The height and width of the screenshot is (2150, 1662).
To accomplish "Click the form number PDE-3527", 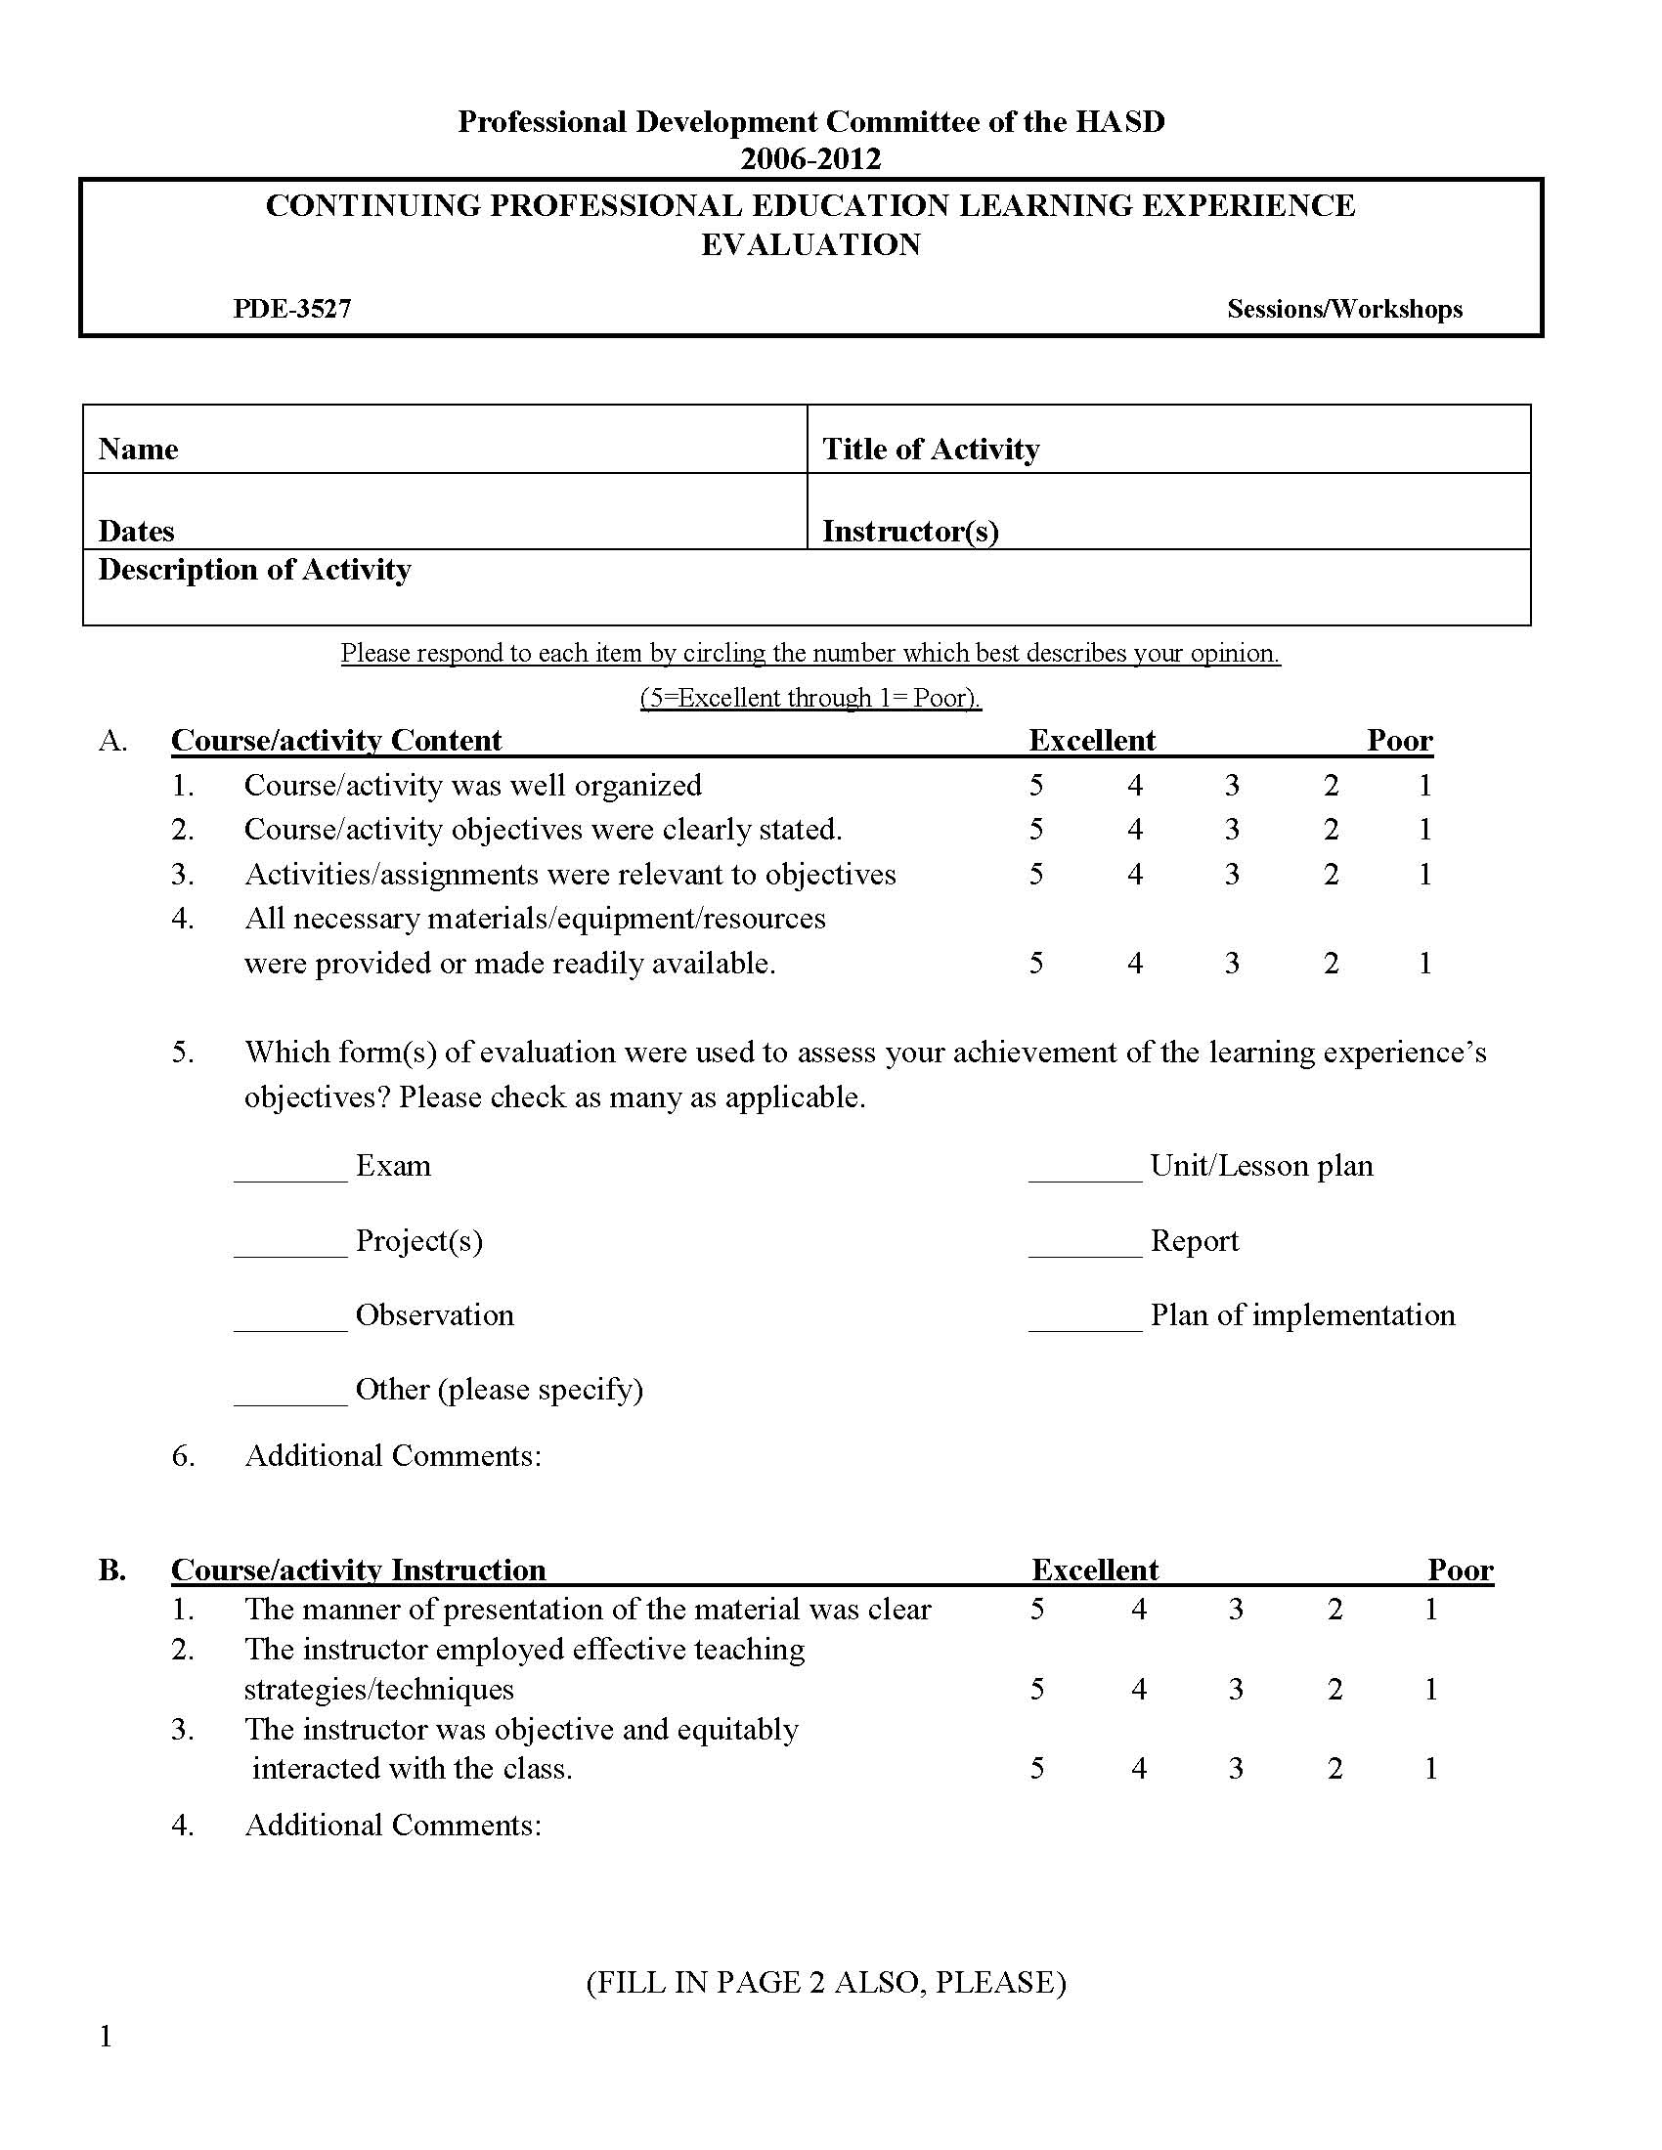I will click(x=291, y=309).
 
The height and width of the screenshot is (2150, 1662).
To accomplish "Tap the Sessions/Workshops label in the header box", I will click(x=1344, y=309).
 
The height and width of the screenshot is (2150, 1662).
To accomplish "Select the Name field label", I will click(x=138, y=450).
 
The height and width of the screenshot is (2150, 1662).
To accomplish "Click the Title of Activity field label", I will click(x=931, y=450).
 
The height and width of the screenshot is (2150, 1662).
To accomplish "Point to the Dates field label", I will click(x=136, y=532).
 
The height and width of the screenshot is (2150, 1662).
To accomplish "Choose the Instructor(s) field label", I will click(x=911, y=532).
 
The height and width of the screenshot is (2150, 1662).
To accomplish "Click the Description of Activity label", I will click(x=254, y=570).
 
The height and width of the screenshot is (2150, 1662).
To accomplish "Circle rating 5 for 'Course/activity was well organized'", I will click(x=1035, y=786).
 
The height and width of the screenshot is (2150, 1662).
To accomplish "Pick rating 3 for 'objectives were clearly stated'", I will click(x=1232, y=830).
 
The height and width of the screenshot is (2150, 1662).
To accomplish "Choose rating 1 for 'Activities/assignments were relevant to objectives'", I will click(x=1424, y=875).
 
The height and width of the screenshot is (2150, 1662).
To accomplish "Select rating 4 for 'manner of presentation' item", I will click(x=1138, y=1610).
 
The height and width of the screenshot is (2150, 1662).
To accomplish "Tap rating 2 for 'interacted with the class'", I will click(x=1334, y=1769).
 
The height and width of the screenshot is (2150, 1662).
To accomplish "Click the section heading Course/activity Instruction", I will click(x=359, y=1569).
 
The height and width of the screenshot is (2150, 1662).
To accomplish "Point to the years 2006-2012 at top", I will click(x=810, y=159).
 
